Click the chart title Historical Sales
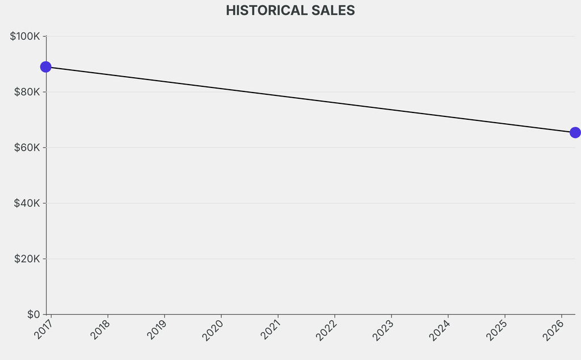pos(290,11)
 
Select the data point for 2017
pos(46,67)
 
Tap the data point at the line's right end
pos(575,132)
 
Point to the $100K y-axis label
pos(25,36)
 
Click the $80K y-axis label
pos(27,92)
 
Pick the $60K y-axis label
pos(27,148)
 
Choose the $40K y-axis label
pos(27,203)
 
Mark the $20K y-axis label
pos(27,259)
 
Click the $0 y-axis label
pos(33,315)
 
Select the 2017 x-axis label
pos(43,329)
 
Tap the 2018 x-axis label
pos(100,329)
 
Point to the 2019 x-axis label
pos(157,329)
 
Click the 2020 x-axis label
pos(213,329)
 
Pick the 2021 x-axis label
pos(270,329)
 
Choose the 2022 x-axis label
pos(327,329)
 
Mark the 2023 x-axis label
pos(384,329)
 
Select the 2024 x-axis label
pos(440,329)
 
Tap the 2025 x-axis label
pos(497,329)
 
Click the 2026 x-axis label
pos(554,329)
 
